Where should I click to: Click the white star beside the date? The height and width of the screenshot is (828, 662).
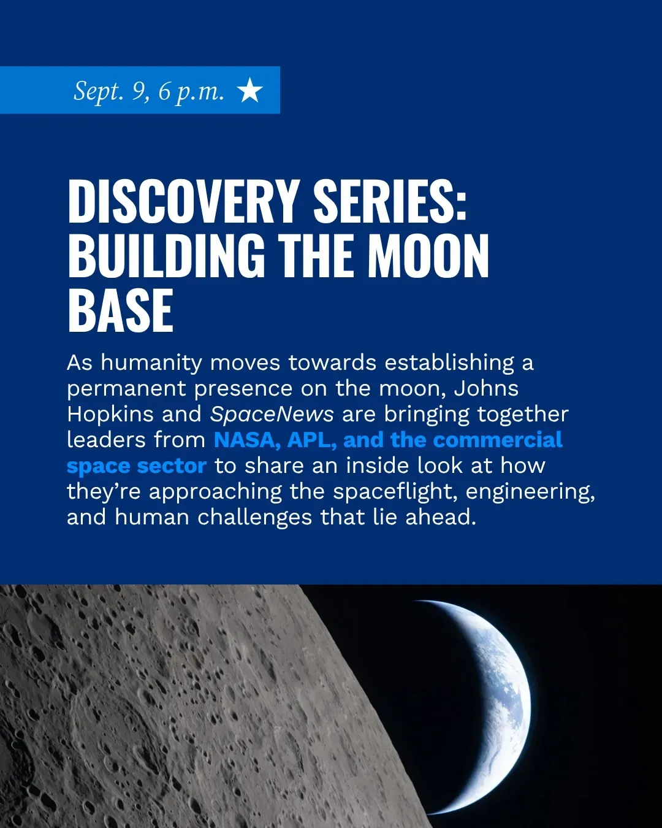pos(249,90)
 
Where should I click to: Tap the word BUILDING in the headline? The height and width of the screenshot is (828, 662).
pos(167,256)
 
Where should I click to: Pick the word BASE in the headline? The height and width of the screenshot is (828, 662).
pos(120,310)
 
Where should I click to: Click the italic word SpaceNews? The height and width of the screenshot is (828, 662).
pos(272,415)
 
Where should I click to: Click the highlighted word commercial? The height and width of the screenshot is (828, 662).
pos(498,440)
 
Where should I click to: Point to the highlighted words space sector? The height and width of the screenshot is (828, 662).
pos(137,466)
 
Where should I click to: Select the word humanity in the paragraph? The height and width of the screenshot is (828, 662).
pos(151,363)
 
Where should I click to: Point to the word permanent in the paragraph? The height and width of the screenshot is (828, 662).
pos(126,389)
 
